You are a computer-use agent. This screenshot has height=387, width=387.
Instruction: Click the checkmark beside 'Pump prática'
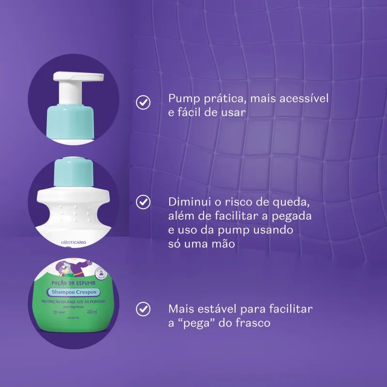[x=142, y=103]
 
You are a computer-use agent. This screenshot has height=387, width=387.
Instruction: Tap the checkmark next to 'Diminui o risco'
[x=142, y=202]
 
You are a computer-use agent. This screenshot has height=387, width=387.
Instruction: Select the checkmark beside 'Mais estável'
[x=142, y=308]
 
